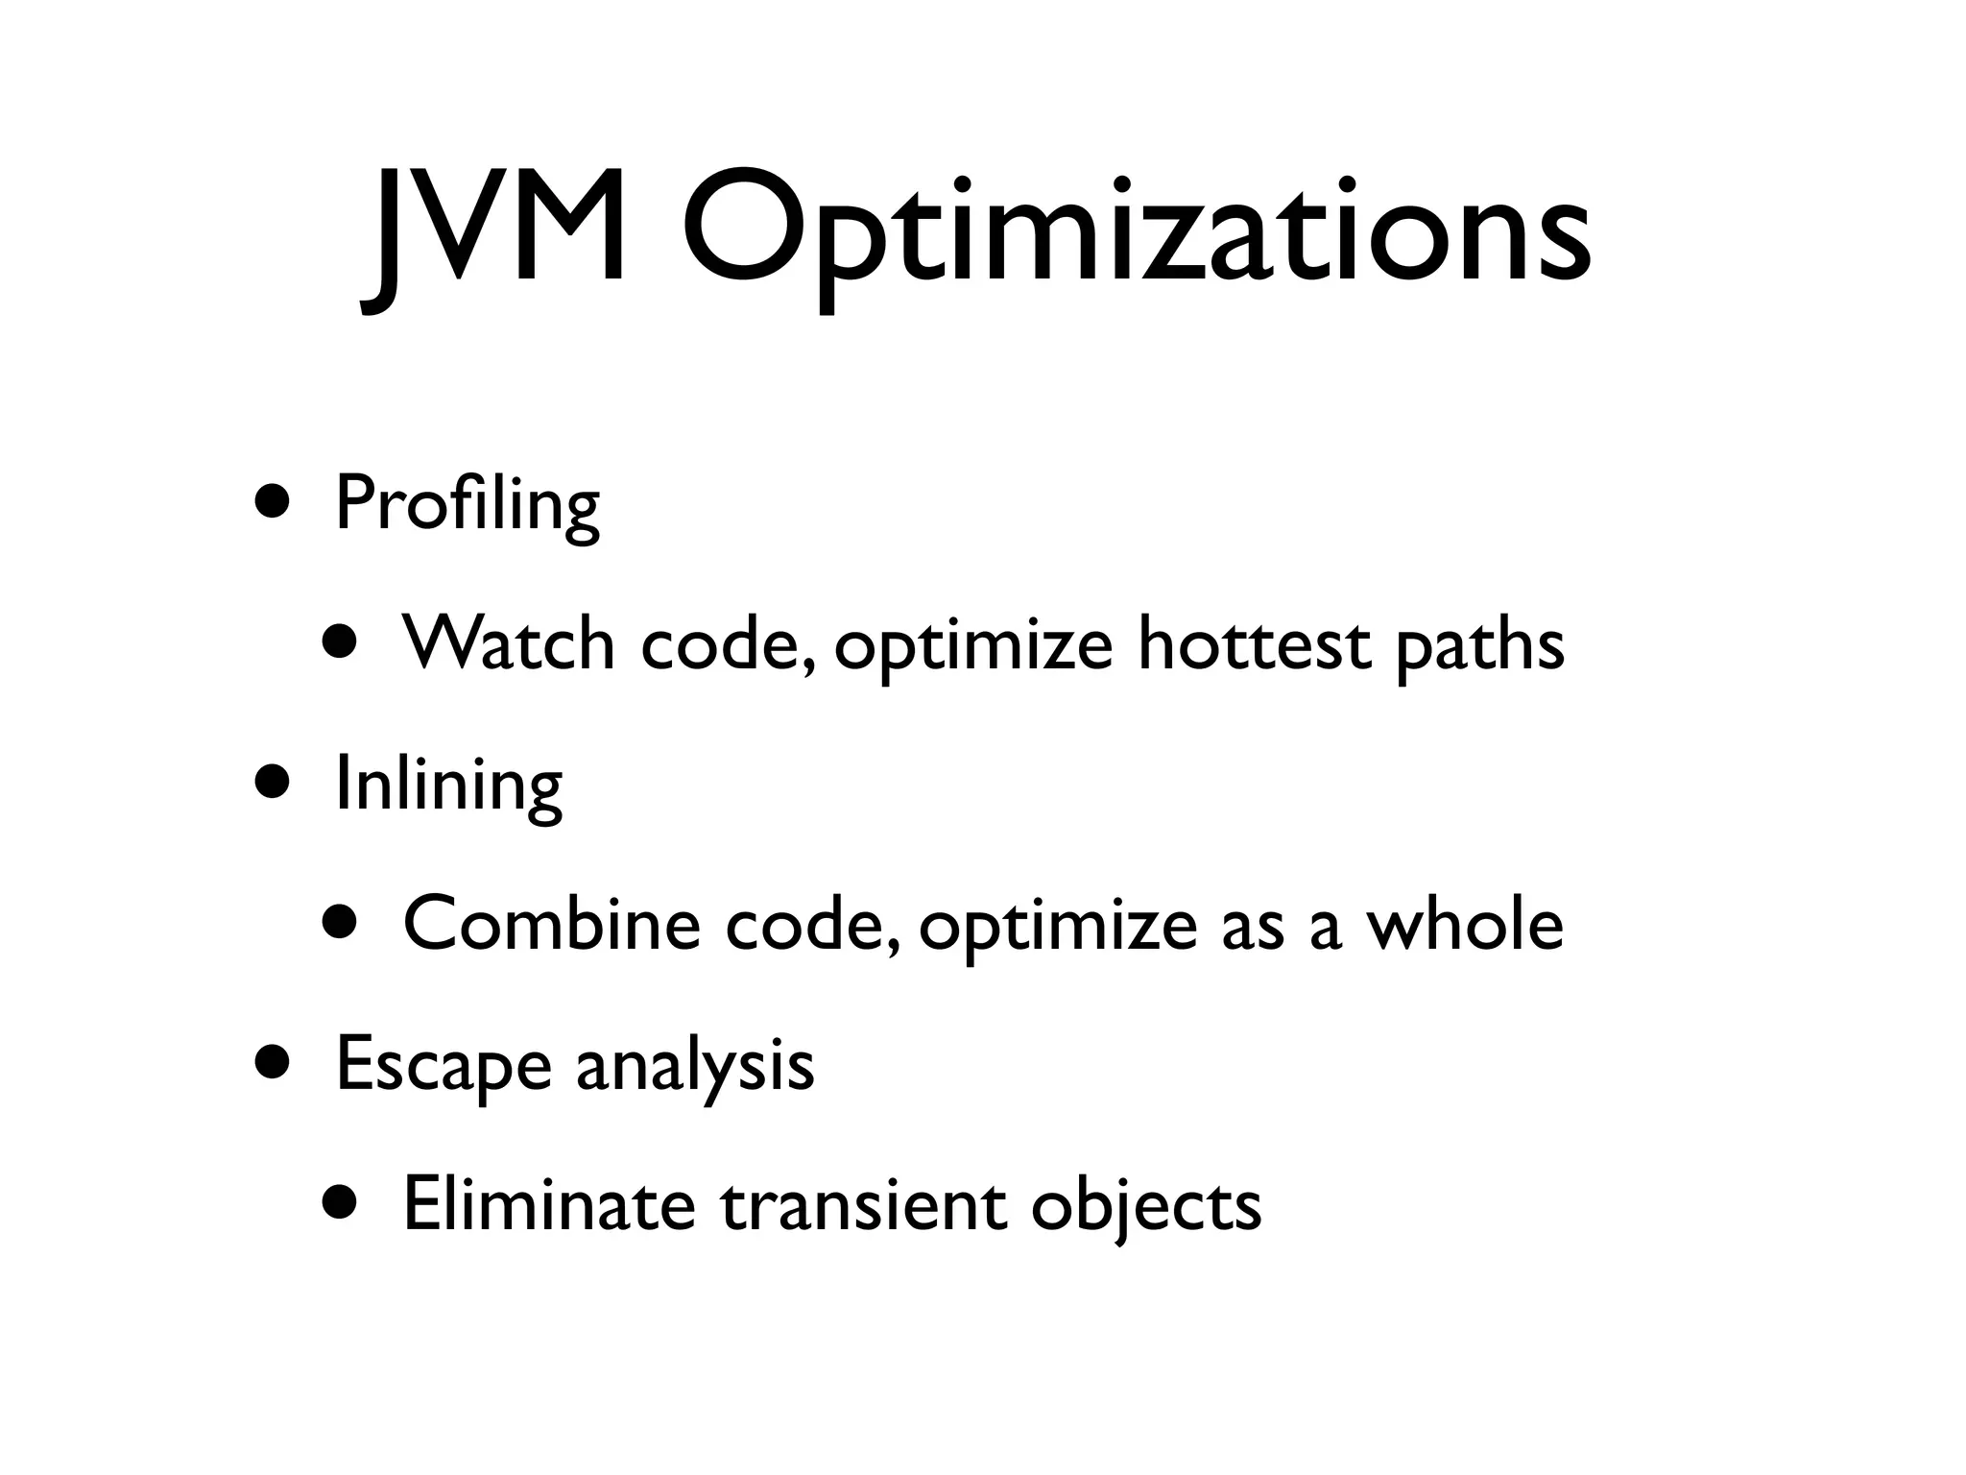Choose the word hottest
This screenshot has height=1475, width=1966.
[x=1254, y=643]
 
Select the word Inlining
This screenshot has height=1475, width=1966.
[x=448, y=785]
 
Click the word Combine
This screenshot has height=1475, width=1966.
[x=551, y=924]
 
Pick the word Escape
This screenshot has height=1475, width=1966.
[x=444, y=1066]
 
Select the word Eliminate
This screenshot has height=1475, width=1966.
[x=548, y=1204]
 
